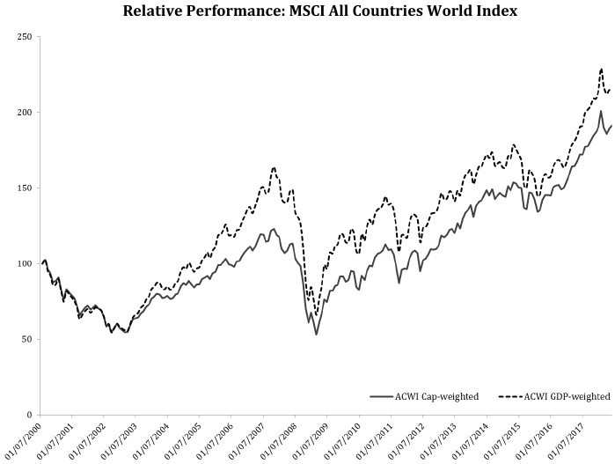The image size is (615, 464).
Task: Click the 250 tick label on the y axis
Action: click(x=24, y=37)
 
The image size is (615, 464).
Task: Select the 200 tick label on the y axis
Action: click(x=24, y=113)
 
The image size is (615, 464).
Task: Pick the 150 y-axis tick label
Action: click(x=24, y=188)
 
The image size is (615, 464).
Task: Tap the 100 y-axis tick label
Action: click(x=24, y=264)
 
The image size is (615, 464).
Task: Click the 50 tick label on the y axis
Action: click(x=26, y=339)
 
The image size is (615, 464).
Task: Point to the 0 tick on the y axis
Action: click(x=29, y=415)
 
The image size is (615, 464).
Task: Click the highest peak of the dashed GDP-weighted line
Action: click(x=601, y=69)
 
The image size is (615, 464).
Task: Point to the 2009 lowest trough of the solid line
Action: click(x=316, y=335)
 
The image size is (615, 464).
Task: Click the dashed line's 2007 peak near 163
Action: click(x=275, y=167)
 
